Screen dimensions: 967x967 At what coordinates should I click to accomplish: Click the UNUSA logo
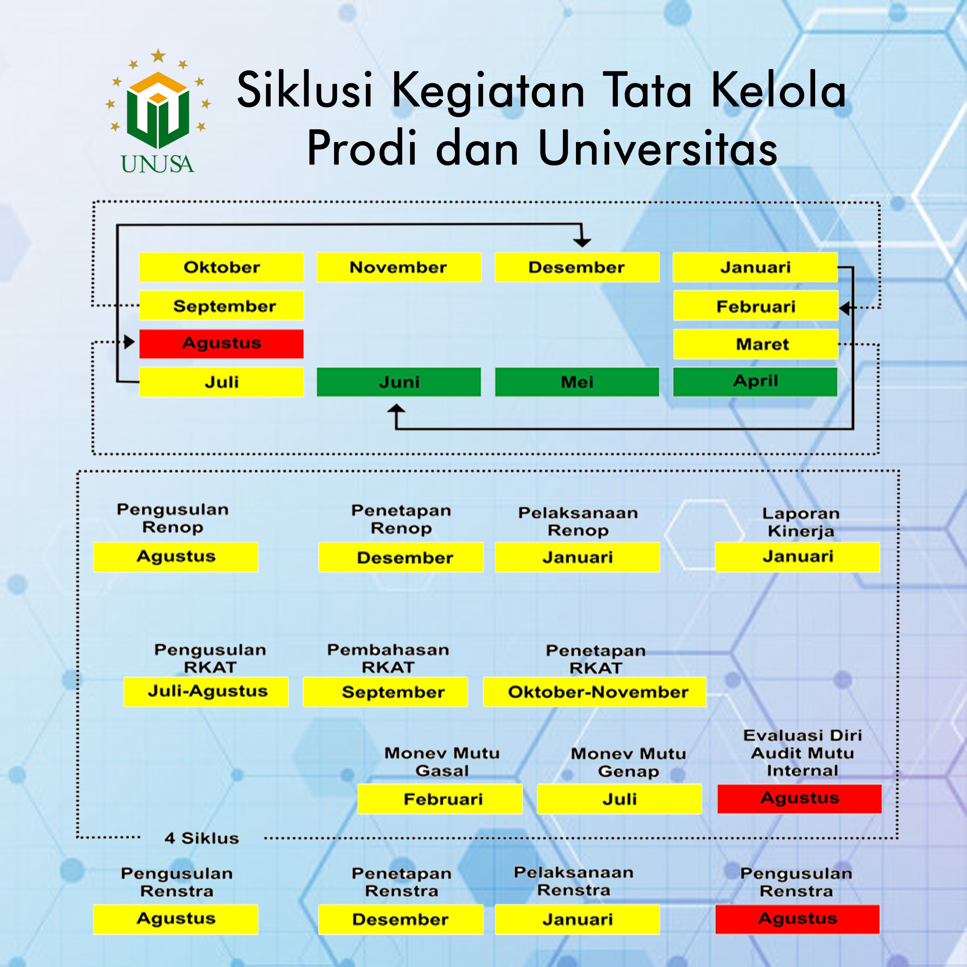tap(158, 111)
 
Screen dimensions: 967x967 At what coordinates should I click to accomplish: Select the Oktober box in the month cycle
tap(221, 267)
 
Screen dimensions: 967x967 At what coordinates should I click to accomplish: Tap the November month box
tap(399, 267)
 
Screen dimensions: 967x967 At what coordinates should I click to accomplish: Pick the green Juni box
tap(399, 382)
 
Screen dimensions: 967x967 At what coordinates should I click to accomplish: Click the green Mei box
tap(577, 382)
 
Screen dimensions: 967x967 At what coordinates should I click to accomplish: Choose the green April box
tap(755, 382)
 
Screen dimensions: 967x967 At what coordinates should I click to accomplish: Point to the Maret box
tap(756, 344)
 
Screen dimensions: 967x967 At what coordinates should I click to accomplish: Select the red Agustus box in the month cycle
tap(221, 344)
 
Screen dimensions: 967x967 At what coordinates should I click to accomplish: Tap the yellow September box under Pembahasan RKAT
tap(385, 692)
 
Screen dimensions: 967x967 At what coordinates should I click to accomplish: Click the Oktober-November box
tap(594, 692)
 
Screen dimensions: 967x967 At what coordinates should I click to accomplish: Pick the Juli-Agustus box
tap(206, 692)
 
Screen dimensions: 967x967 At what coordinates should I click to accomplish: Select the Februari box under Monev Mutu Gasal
tap(441, 799)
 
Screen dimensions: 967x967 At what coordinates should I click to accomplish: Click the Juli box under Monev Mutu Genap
tap(619, 799)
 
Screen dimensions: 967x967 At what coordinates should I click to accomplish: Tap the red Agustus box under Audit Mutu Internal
tap(799, 799)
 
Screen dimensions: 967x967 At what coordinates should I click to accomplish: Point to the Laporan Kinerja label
tap(801, 522)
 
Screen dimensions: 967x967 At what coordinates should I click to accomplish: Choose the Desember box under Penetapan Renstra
tap(401, 920)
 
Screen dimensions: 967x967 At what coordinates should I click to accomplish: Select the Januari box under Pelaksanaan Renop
tap(578, 557)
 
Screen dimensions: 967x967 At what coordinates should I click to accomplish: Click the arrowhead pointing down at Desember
tap(582, 242)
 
